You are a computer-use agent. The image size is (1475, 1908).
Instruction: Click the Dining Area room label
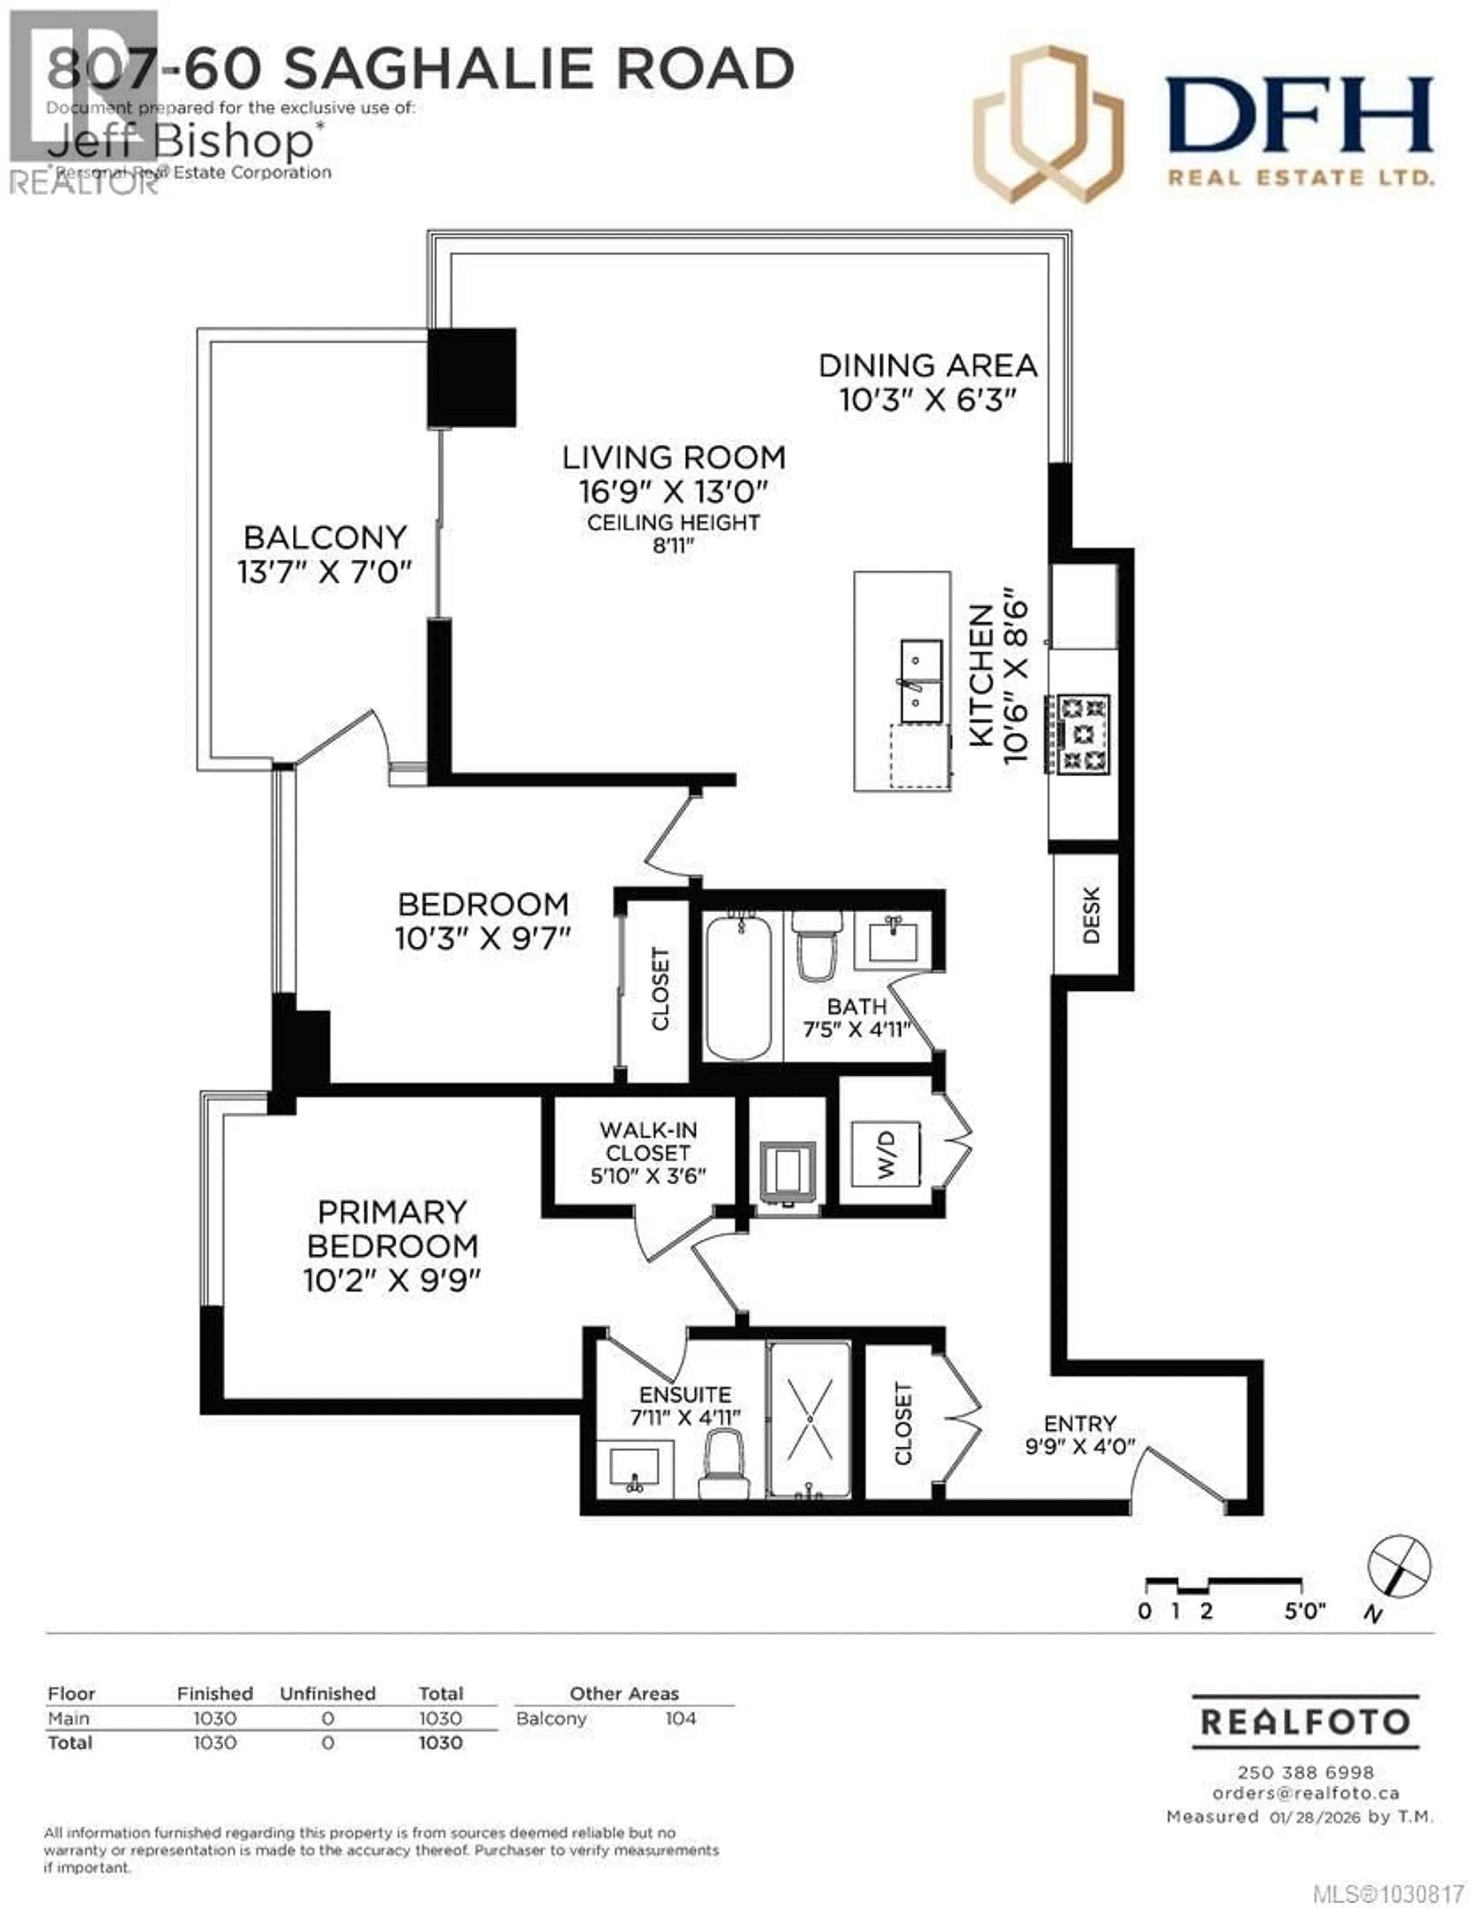tap(927, 365)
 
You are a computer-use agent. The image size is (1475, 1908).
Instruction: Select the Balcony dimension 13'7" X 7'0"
tap(324, 572)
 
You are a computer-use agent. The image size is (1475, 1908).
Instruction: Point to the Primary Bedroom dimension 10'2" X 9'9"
tap(392, 1281)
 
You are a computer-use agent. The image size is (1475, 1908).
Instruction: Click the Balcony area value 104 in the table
tap(680, 1718)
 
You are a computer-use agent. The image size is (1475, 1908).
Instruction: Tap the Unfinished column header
tap(328, 1693)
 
